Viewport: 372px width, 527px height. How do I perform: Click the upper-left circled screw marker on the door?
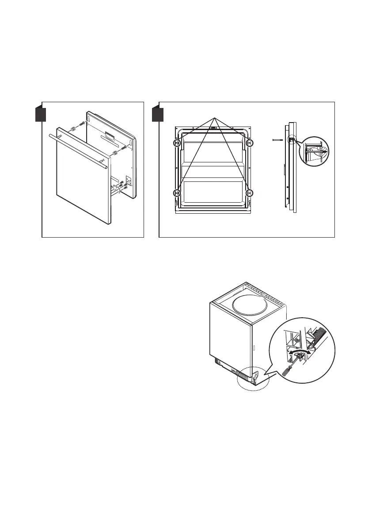(177, 143)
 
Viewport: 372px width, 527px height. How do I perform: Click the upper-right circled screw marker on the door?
(249, 143)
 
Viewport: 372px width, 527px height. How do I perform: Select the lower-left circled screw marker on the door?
(177, 193)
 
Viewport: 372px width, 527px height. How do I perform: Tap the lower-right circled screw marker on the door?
(249, 193)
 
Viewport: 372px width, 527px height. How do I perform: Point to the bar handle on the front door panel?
(77, 150)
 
